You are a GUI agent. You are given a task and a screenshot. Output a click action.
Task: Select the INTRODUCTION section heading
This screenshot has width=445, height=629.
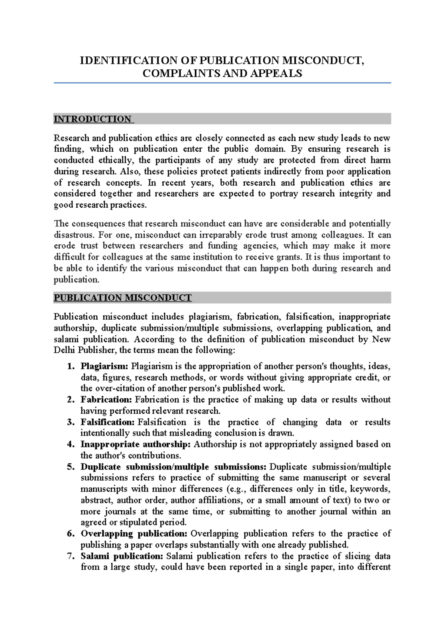coord(93,119)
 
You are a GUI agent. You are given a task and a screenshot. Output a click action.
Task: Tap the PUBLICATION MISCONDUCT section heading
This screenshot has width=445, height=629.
coord(122,298)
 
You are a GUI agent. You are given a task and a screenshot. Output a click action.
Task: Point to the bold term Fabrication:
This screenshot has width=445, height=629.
coord(106,400)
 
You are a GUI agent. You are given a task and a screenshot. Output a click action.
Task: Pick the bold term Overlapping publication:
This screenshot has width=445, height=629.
coord(134,534)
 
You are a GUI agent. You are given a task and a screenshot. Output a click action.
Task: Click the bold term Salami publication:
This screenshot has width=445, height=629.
coord(122,556)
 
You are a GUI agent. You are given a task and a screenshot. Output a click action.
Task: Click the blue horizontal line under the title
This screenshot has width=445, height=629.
coord(222,83)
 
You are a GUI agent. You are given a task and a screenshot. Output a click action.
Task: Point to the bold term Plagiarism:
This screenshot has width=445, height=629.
coord(105,366)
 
